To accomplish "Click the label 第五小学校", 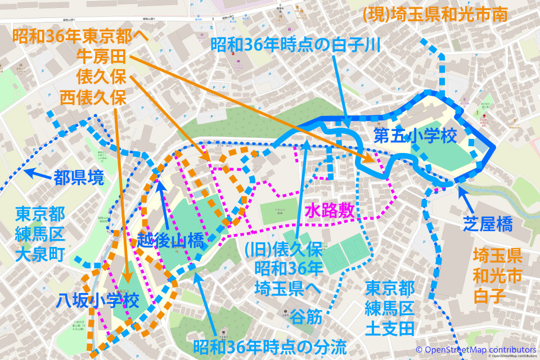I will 415,137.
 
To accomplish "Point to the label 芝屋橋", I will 488,226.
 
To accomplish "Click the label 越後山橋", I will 170,241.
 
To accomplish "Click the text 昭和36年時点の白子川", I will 296,44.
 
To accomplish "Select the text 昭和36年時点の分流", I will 269,347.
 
